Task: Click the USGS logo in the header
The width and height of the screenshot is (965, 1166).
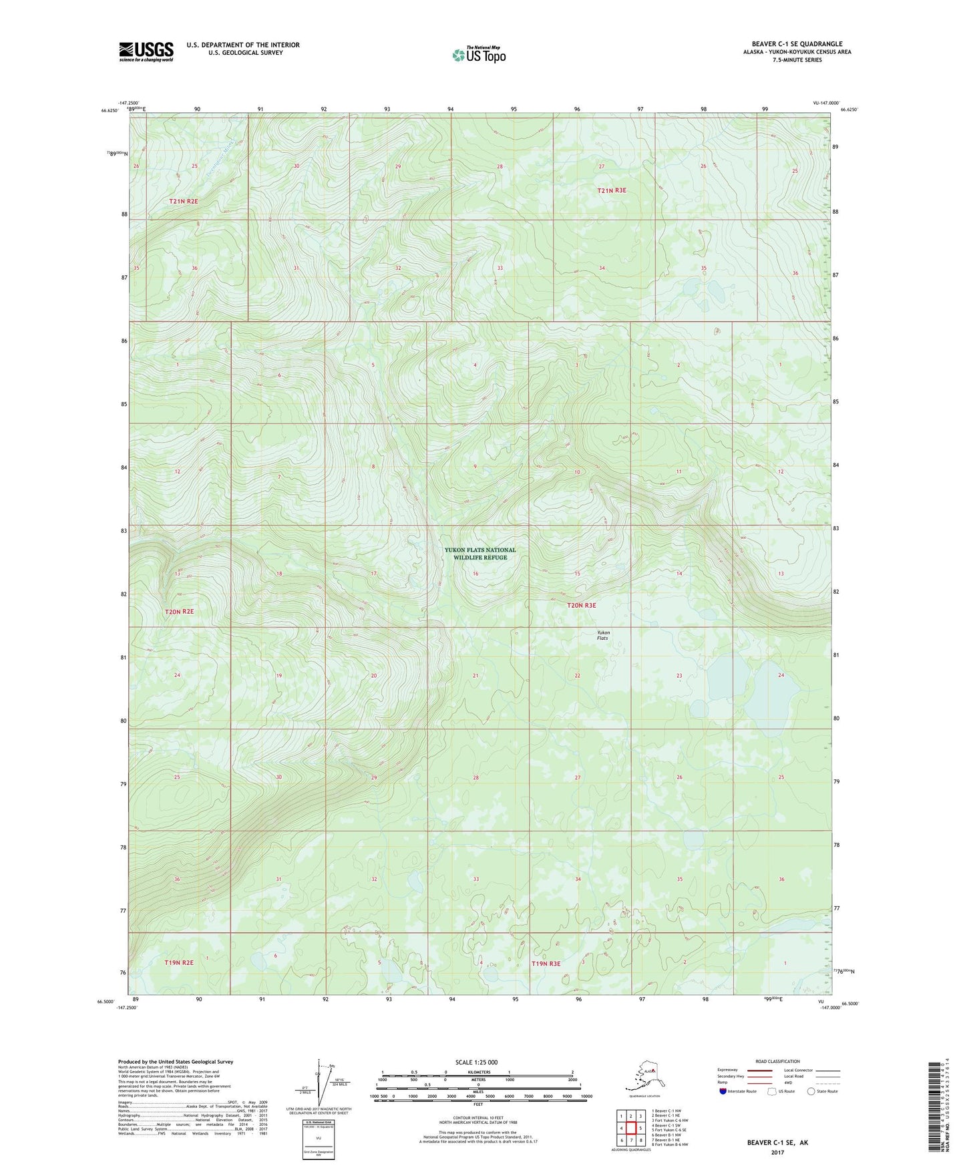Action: [x=146, y=51]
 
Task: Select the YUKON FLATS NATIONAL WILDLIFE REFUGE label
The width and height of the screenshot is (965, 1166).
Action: [x=480, y=554]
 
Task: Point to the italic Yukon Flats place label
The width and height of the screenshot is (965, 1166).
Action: [x=602, y=635]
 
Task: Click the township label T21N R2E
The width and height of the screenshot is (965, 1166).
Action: [x=184, y=201]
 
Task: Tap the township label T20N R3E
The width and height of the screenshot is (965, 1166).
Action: [x=581, y=605]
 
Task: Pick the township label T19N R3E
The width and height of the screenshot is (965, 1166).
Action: [x=546, y=964]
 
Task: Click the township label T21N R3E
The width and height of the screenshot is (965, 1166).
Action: [x=612, y=190]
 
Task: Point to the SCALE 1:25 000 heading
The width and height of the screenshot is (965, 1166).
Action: [x=477, y=1062]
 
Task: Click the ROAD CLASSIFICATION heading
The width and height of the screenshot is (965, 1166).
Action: [x=777, y=1061]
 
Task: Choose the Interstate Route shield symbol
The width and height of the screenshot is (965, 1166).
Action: [x=723, y=1091]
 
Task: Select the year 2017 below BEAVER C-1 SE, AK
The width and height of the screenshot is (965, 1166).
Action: [x=777, y=1152]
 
